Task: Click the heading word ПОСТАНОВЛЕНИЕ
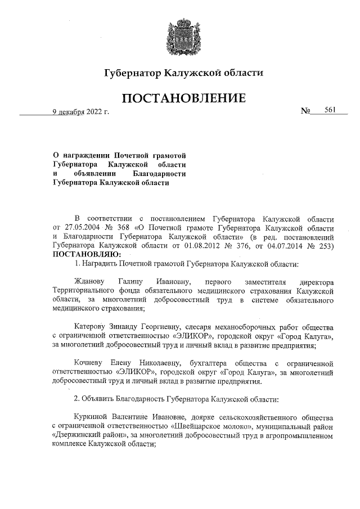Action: point(184,98)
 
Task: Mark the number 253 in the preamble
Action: point(327,246)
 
